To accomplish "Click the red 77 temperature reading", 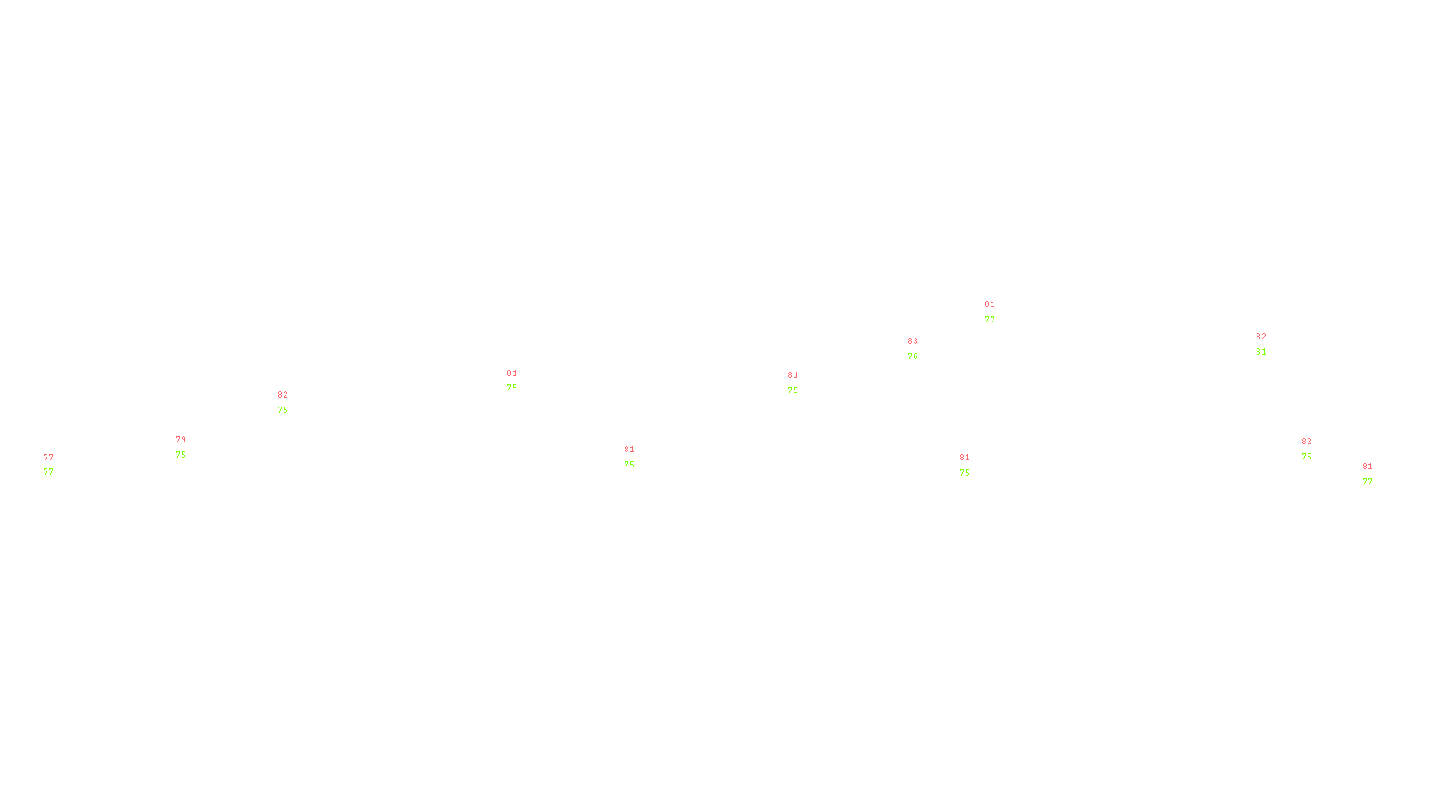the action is coord(48,458).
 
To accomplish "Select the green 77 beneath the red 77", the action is coord(48,472).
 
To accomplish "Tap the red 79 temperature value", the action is coord(181,440).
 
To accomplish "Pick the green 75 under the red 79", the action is coord(181,455).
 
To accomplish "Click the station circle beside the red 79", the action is coord(189,447).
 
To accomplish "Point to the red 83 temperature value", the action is coord(913,341).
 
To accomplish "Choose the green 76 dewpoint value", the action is coord(913,356).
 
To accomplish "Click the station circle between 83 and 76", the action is coord(922,348).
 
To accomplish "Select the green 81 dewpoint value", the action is coord(1261,352).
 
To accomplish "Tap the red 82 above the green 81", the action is coord(1261,337).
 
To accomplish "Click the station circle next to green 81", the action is coord(1269,344).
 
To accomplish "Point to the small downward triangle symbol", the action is coord(1368,476).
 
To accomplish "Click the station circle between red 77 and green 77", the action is coord(56,465).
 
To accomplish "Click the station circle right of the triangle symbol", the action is coord(1377,474).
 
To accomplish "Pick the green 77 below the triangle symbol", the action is coord(1368,482).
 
